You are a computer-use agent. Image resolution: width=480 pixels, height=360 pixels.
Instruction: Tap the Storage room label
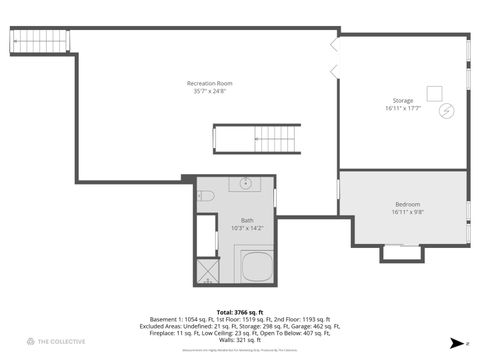pos(402,102)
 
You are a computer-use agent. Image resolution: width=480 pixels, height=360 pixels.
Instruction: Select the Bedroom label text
pos(407,204)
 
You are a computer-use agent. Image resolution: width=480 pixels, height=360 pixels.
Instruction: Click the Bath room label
pos(247,220)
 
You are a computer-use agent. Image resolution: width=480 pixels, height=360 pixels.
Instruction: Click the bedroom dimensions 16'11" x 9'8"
pos(407,212)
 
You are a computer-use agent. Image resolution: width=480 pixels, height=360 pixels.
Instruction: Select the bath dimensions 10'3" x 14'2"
pos(247,228)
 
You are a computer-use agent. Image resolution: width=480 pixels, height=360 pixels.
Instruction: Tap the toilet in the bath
pos(204,196)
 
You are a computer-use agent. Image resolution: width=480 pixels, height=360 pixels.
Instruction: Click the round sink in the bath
pos(245,185)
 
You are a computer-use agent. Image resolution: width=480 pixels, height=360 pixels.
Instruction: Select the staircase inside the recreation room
pos(256,138)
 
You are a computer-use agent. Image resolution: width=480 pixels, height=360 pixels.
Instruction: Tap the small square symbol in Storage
pos(435,93)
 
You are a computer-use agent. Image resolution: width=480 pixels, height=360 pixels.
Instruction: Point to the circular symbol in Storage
pos(447,110)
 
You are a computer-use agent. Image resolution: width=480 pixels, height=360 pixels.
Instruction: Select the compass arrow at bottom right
pos(455,342)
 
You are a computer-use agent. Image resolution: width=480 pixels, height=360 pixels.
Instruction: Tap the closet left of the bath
pos(205,236)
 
